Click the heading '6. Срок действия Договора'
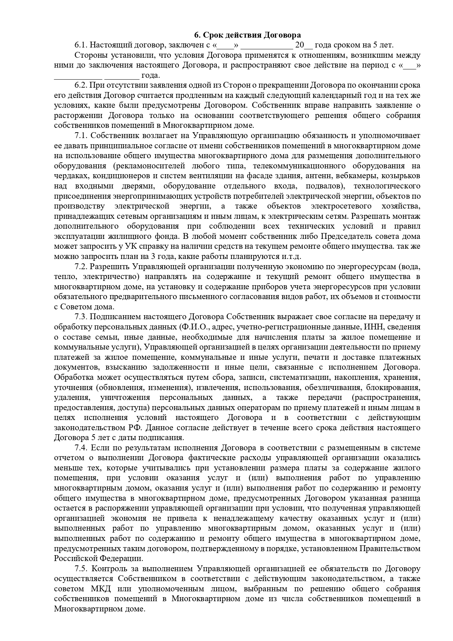247,35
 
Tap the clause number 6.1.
81,45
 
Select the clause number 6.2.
81,85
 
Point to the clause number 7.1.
81,136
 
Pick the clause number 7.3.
81,317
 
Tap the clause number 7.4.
81,448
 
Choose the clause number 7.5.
81,569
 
